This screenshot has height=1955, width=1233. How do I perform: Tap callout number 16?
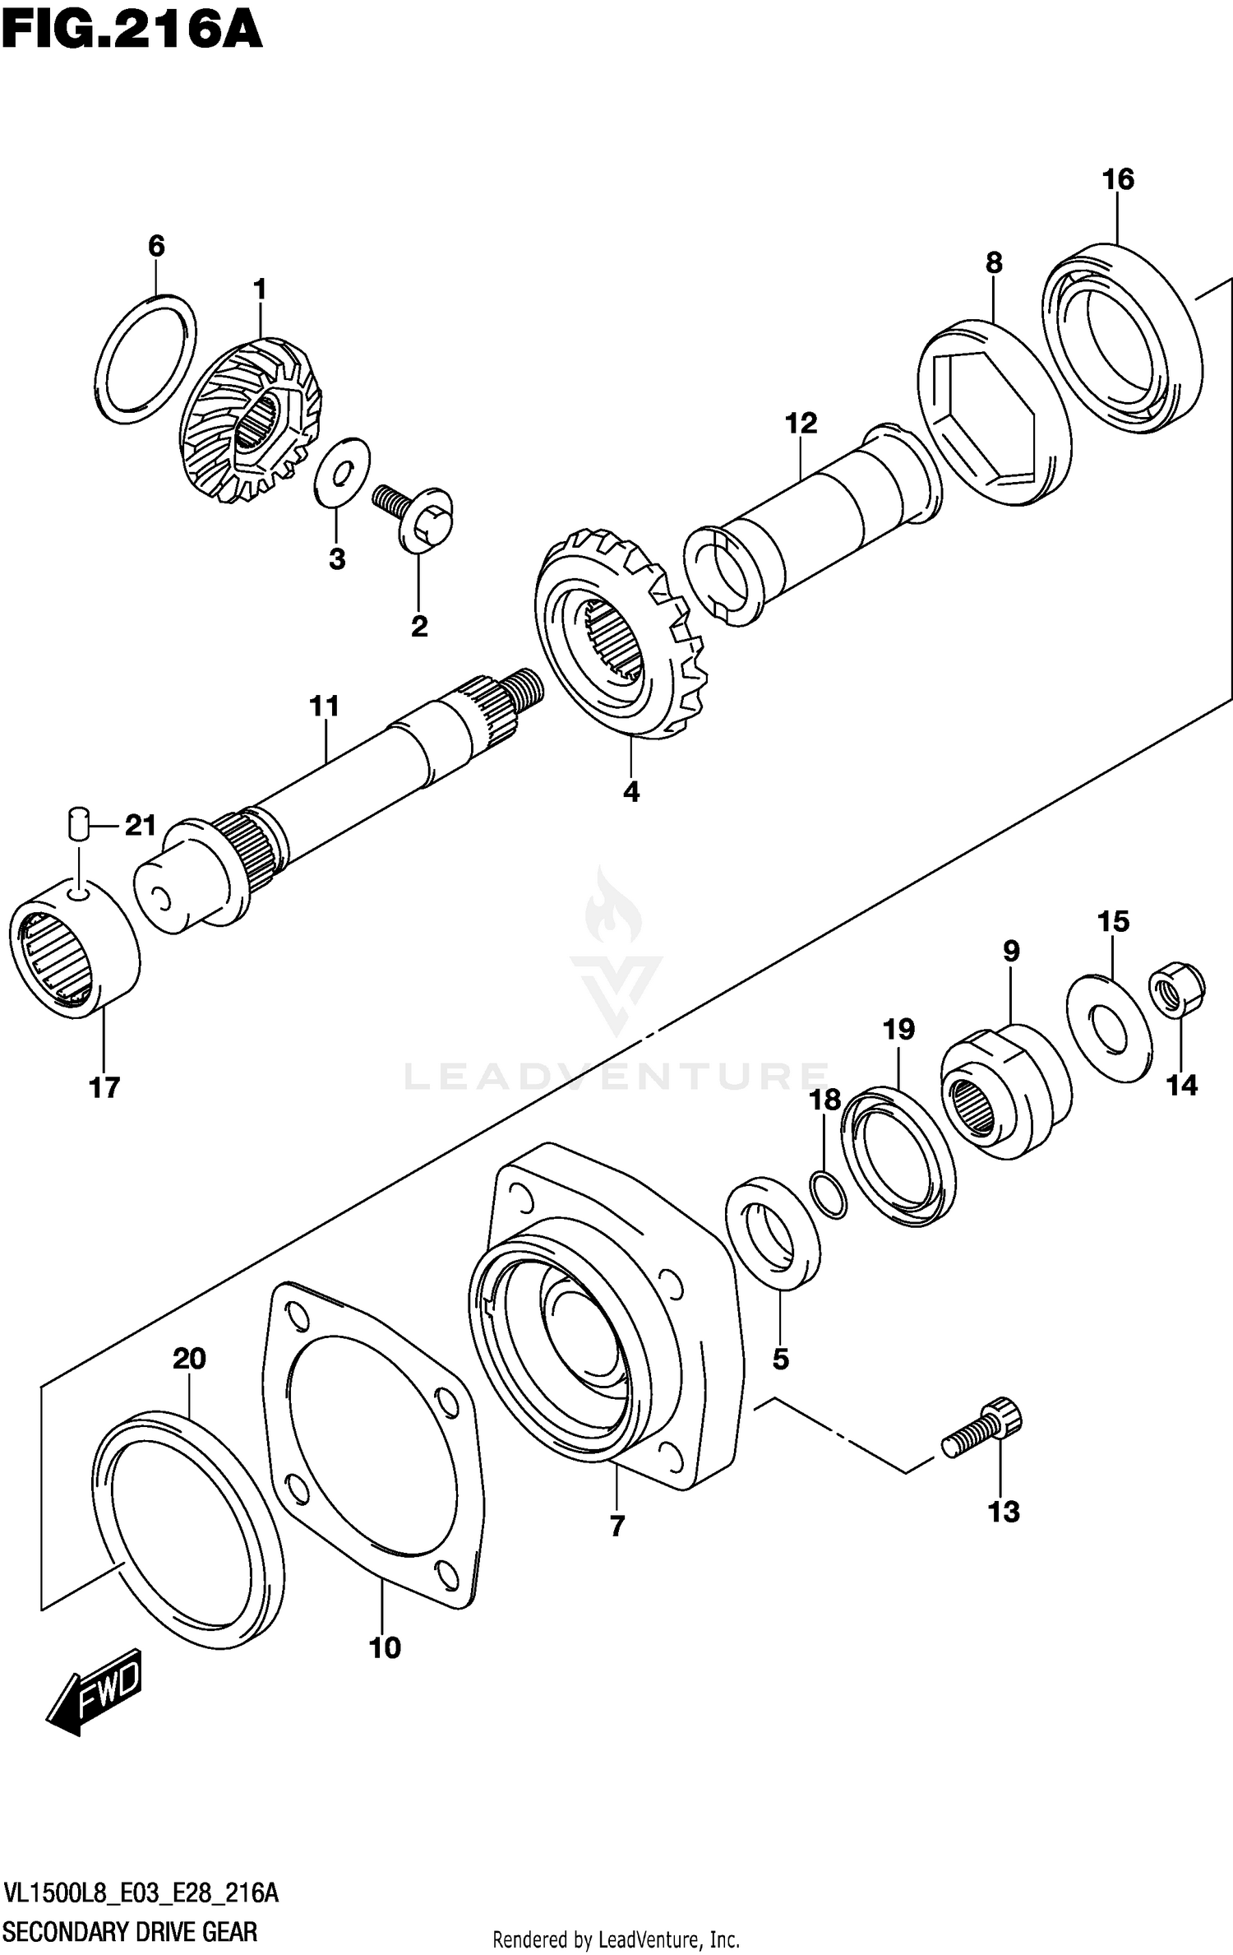tap(1118, 179)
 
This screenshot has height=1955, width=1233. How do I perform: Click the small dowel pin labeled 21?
tap(77, 823)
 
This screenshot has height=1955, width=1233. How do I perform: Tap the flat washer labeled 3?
tap(342, 473)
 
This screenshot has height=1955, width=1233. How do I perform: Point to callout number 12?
tap(801, 424)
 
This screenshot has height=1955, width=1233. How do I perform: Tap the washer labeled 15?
tap(1109, 1028)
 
